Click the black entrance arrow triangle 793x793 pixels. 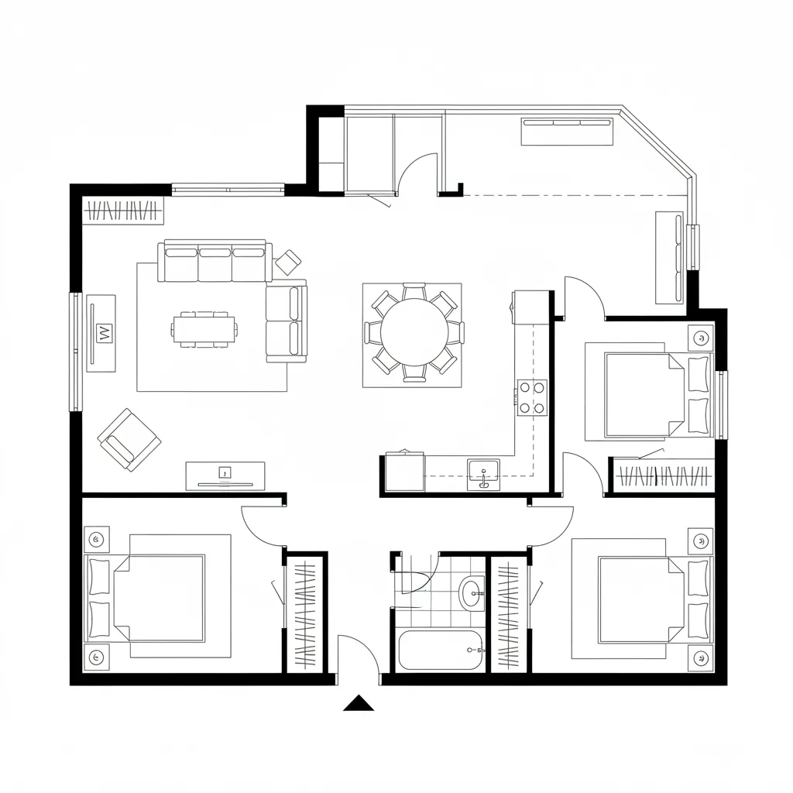pyautogui.click(x=359, y=703)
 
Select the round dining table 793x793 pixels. pyautogui.click(x=414, y=333)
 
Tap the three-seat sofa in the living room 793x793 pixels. pyautogui.click(x=215, y=262)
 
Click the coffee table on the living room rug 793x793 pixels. pyautogui.click(x=204, y=329)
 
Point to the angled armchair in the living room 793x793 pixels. pyautogui.click(x=129, y=439)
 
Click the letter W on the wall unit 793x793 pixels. pyautogui.click(x=102, y=333)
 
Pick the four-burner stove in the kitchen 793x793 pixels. pyautogui.click(x=532, y=396)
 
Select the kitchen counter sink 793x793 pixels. pyautogui.click(x=483, y=472)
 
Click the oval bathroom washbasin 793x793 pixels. pyautogui.click(x=471, y=594)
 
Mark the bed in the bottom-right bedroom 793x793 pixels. pyautogui.click(x=643, y=600)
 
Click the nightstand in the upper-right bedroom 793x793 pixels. pyautogui.click(x=701, y=338)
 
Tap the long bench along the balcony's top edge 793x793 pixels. pyautogui.click(x=567, y=132)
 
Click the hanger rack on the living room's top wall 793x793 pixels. pyautogui.click(x=123, y=211)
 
